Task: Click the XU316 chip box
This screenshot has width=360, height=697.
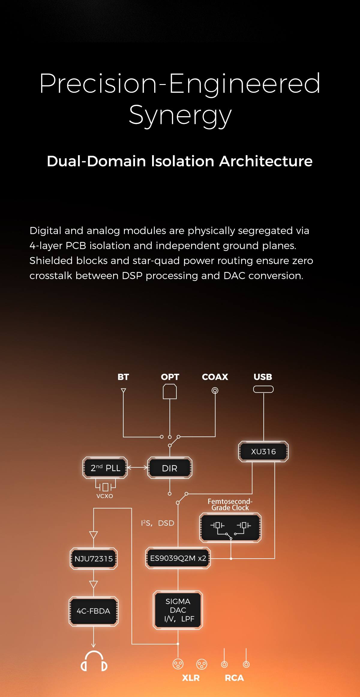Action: (x=263, y=451)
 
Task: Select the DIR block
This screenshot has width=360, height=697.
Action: (x=169, y=468)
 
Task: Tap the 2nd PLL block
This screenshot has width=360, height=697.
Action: (x=105, y=468)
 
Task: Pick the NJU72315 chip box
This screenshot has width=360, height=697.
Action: (x=94, y=559)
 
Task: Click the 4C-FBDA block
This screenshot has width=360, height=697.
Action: (x=94, y=611)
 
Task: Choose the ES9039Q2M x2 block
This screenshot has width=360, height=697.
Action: (x=178, y=558)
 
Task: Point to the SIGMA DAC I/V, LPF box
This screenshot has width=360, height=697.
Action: (x=178, y=610)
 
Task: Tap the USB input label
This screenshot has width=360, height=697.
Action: (x=263, y=377)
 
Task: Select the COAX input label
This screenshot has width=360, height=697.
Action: (x=215, y=377)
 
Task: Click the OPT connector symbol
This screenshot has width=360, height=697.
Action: (x=170, y=392)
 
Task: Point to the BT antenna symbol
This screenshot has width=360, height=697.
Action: (x=123, y=391)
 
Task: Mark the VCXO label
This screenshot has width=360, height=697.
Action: (x=105, y=496)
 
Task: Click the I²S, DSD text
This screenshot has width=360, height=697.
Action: (x=157, y=523)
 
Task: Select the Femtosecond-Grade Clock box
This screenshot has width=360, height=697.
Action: (x=230, y=528)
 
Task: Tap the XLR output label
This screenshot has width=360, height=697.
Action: (x=191, y=678)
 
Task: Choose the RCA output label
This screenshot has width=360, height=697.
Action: (x=234, y=678)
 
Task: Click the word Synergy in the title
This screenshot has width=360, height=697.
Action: (x=180, y=116)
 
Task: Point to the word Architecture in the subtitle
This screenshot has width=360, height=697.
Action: (x=266, y=161)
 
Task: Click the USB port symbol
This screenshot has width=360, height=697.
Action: (x=263, y=389)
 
